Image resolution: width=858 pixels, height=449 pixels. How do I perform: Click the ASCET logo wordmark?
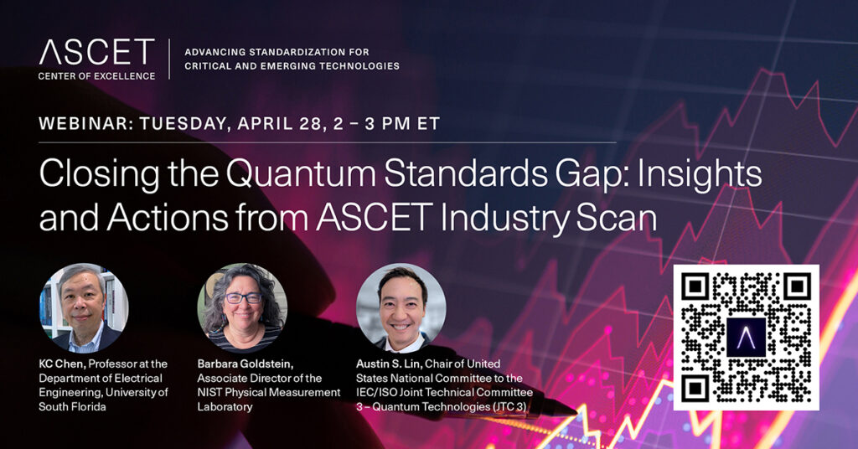click(x=97, y=53)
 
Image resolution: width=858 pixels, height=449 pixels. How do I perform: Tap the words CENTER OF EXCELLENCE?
click(x=97, y=76)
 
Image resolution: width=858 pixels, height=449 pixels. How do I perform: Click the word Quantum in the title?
click(x=301, y=175)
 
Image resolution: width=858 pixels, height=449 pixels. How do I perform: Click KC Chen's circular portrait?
click(x=84, y=308)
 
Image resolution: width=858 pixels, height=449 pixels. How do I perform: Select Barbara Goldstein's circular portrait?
click(x=242, y=308)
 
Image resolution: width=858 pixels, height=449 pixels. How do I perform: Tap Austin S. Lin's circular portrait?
click(x=401, y=308)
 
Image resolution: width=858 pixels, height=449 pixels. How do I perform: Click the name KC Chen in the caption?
click(x=62, y=364)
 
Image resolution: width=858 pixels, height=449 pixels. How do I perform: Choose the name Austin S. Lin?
click(x=389, y=364)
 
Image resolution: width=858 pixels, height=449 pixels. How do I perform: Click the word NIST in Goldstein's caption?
click(x=209, y=392)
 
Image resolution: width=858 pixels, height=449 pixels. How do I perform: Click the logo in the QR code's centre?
click(x=746, y=338)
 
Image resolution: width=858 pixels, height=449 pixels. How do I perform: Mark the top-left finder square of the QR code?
click(x=695, y=286)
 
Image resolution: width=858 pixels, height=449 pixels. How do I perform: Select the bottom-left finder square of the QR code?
click(x=695, y=389)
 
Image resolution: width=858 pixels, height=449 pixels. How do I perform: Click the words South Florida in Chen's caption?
click(x=72, y=406)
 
